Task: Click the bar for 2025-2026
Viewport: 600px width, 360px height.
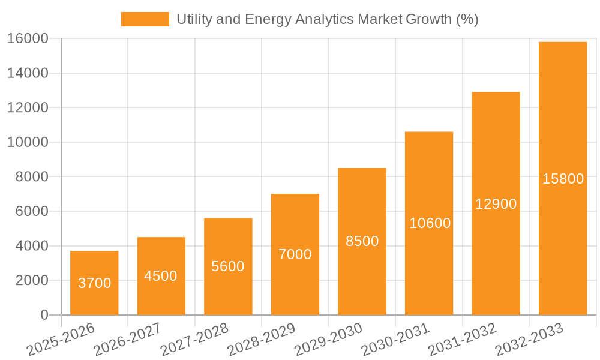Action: coord(94,283)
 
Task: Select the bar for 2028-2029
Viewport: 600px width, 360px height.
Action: coord(295,254)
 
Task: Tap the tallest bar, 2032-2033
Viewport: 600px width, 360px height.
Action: coord(562,178)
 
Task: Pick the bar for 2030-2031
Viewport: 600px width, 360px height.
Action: coord(428,223)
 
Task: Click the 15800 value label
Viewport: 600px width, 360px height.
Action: coord(562,179)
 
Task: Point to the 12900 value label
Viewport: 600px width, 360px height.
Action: coord(496,204)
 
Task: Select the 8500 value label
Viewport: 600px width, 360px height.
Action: coord(362,241)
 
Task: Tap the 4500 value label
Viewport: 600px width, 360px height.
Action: coord(161,276)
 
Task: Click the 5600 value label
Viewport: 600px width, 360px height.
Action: coord(228,266)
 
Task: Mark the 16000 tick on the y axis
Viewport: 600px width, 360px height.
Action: coord(28,39)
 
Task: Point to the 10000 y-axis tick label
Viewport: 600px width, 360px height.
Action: coord(28,143)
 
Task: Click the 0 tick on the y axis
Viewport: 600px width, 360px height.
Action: coord(44,315)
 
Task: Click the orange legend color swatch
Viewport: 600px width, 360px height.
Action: coord(145,19)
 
